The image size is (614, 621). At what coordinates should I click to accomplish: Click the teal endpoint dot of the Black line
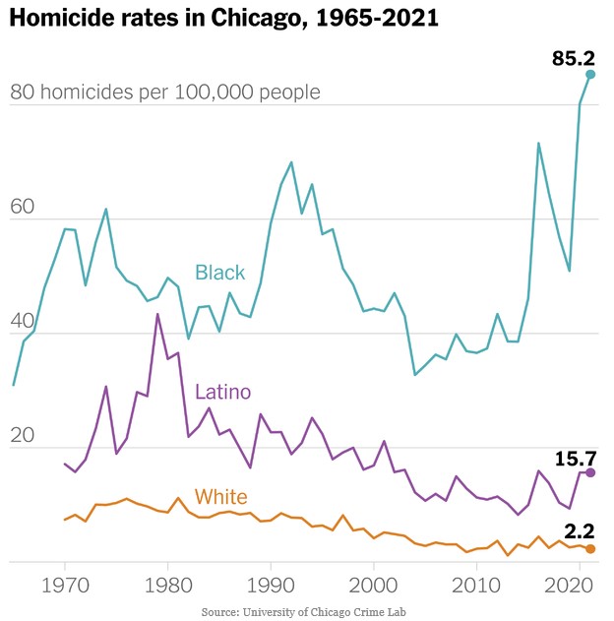pos(590,74)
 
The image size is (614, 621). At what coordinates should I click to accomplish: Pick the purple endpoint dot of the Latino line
pos(590,473)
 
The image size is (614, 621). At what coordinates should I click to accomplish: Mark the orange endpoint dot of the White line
pos(590,548)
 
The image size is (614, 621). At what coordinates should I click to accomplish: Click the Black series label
pos(219,273)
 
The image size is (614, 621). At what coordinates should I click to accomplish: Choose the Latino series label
pos(223,394)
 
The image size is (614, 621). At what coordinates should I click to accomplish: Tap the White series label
pos(220,497)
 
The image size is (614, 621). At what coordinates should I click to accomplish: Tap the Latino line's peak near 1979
pos(157,314)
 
